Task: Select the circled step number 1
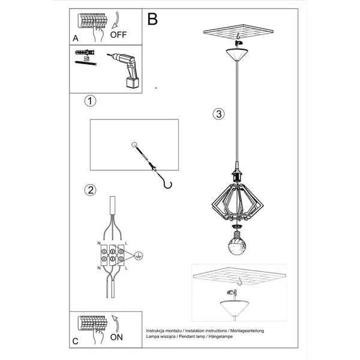(x=89, y=101)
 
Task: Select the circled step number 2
(x=89, y=191)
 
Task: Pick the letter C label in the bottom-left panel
(x=75, y=341)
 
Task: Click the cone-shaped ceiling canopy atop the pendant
(x=239, y=56)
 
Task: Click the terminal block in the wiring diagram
(x=112, y=254)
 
